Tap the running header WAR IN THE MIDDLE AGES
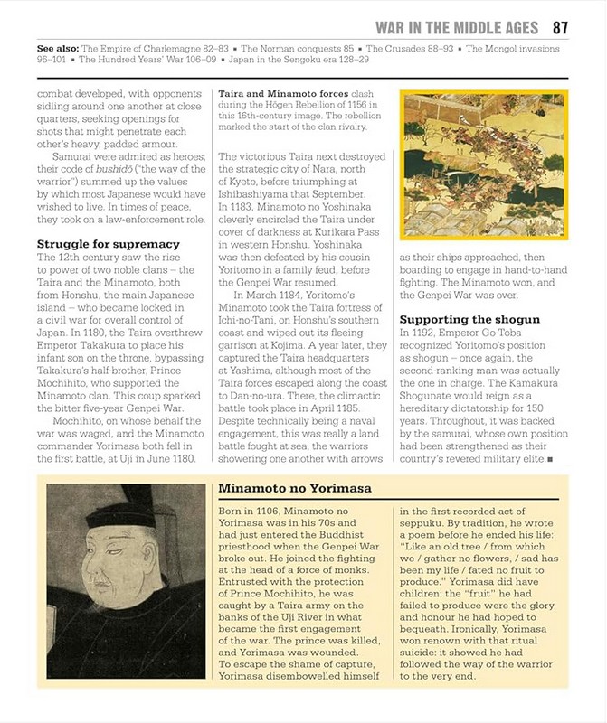tap(457, 27)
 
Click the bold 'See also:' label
tap(57, 48)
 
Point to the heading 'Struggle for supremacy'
tap(108, 244)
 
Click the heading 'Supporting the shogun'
tap(469, 320)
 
